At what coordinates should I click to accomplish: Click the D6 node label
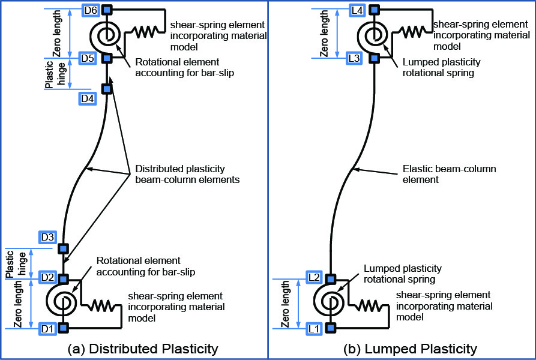tap(91, 10)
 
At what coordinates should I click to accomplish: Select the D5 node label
tap(87, 58)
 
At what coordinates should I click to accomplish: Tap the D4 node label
tap(87, 99)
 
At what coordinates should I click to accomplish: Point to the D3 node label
tap(47, 237)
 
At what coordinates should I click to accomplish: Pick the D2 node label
tap(47, 277)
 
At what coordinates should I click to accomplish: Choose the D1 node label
tap(47, 329)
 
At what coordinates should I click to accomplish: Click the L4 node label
tap(357, 10)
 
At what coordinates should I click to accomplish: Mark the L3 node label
tap(354, 58)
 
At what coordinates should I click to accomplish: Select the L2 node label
tap(314, 277)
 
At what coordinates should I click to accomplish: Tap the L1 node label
tap(314, 329)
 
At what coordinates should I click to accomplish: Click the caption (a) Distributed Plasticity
tap(143, 349)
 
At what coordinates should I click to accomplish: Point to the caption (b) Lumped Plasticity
tap(410, 349)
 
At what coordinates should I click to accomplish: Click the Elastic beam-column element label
tap(449, 174)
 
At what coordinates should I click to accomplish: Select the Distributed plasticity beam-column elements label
tap(187, 174)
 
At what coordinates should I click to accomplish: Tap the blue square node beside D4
tap(107, 89)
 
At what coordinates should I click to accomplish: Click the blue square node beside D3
tap(63, 248)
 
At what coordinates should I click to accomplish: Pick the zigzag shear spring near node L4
tap(414, 32)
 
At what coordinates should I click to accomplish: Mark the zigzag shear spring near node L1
tap(370, 305)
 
